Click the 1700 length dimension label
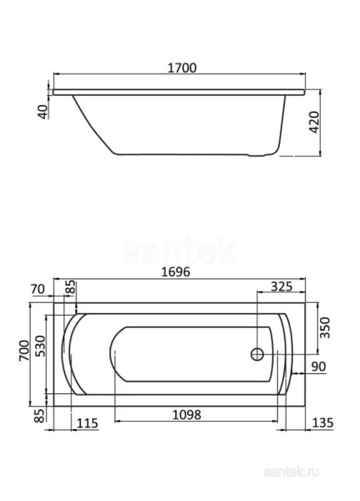click(180, 68)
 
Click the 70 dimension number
click(58, 289)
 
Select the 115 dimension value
click(87, 423)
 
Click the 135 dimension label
click(322, 423)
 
